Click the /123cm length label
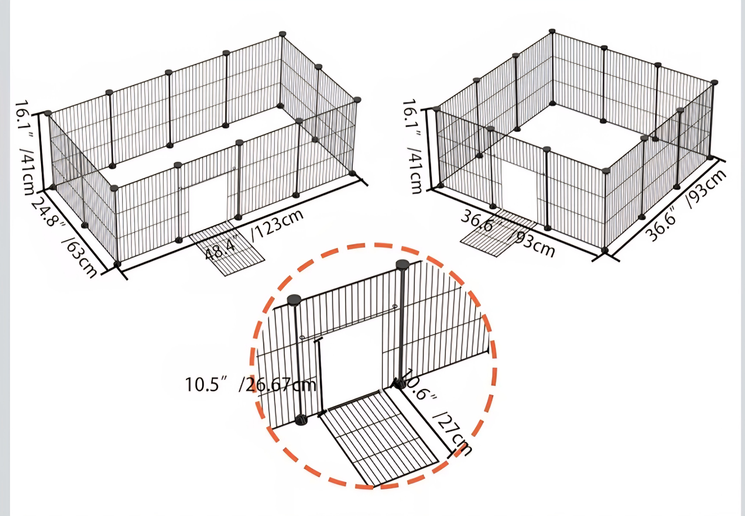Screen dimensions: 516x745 pyautogui.click(x=278, y=225)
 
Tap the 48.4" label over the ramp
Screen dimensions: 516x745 pyautogui.click(x=222, y=248)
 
